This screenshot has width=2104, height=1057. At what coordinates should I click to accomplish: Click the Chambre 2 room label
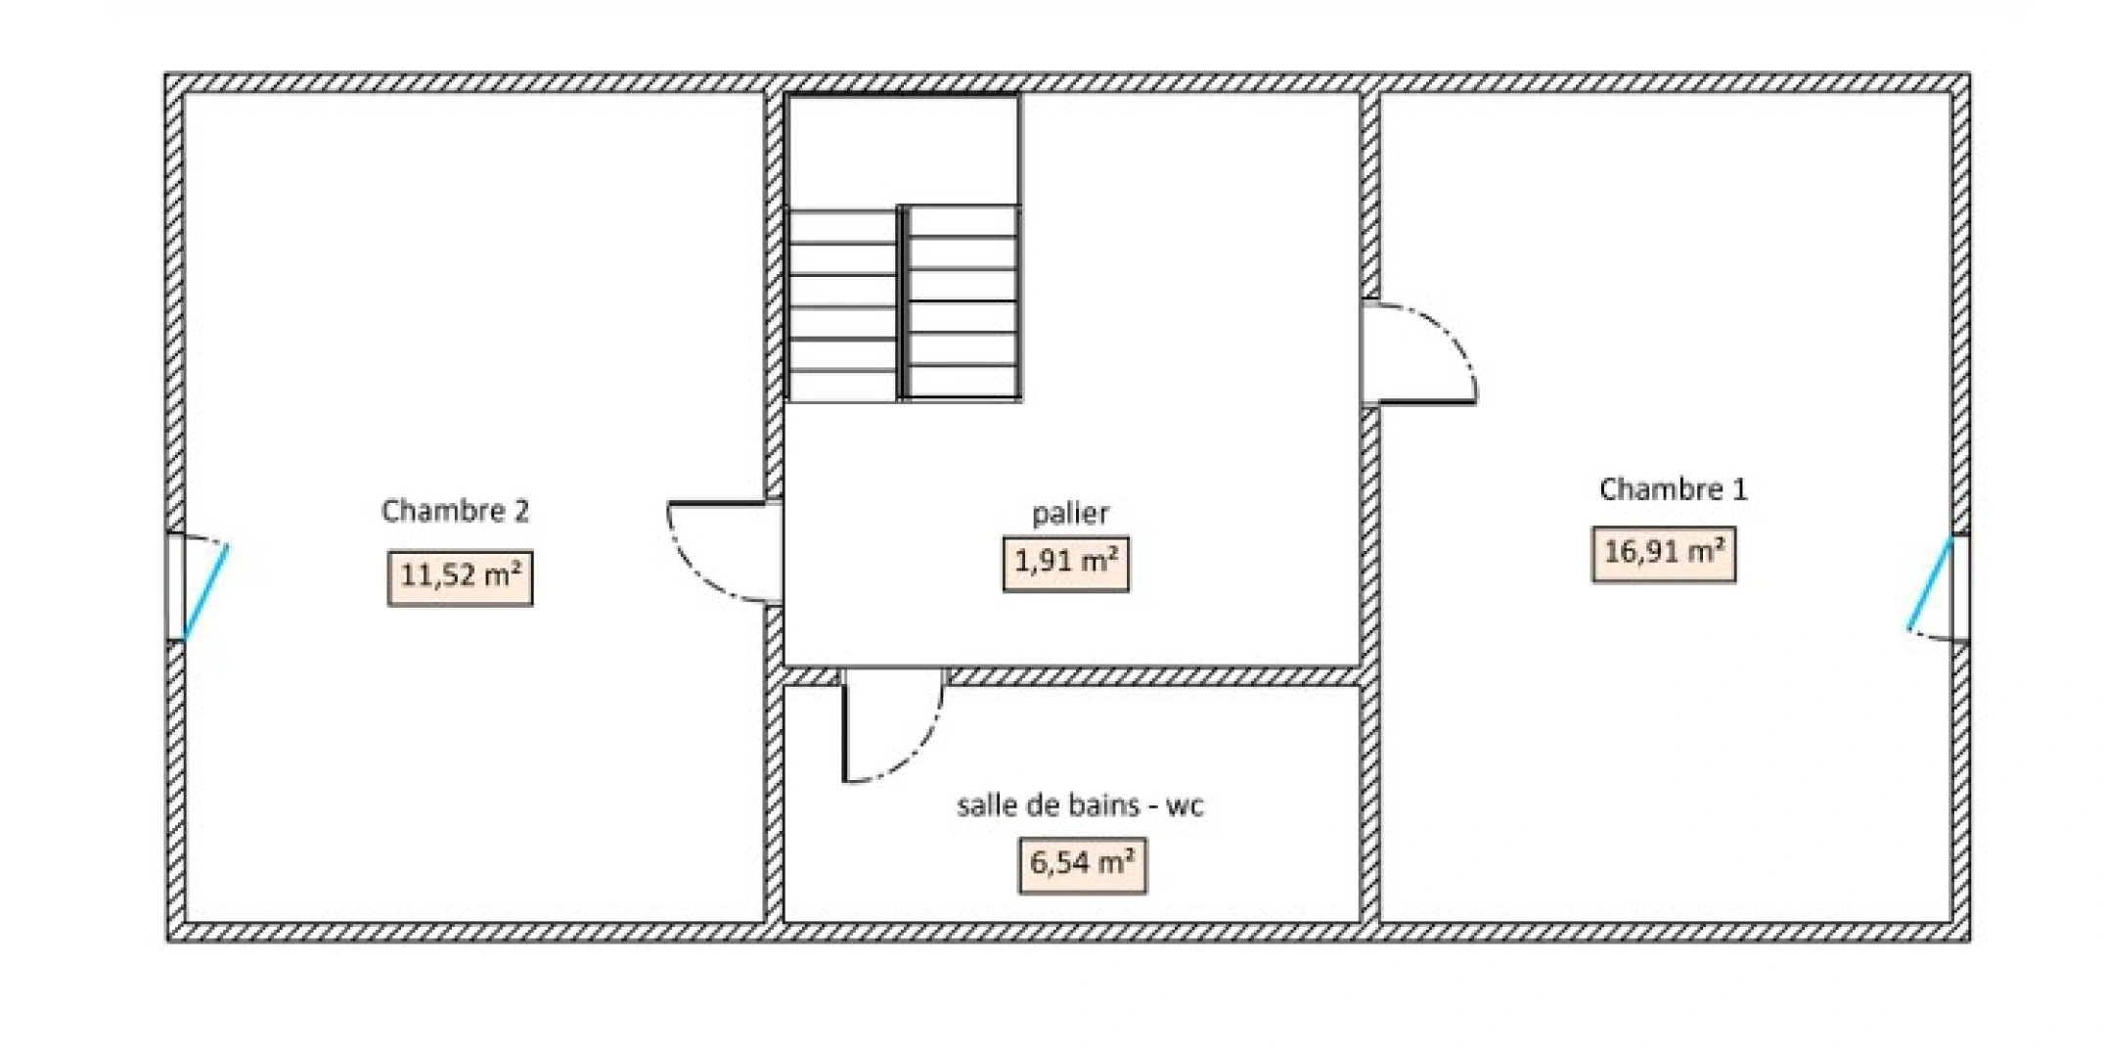[455, 511]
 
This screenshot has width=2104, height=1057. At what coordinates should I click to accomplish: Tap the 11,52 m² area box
[460, 577]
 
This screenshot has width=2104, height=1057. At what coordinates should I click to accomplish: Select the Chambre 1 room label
[1673, 489]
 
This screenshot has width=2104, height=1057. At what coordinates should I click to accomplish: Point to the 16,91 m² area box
[1664, 554]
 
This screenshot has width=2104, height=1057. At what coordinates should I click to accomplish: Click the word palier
[1070, 514]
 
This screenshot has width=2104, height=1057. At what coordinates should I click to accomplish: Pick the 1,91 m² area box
[1066, 564]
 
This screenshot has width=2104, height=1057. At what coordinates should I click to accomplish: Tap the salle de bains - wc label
[1080, 805]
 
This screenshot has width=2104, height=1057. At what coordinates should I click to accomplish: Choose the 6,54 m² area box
[1082, 865]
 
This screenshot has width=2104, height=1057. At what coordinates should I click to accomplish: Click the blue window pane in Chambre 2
[206, 592]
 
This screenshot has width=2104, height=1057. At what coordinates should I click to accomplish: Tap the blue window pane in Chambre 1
[1930, 583]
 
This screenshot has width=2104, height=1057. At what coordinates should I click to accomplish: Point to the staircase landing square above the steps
[903, 150]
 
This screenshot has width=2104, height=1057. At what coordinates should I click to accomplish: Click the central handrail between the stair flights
[902, 303]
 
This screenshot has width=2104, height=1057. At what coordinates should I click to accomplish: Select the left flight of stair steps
[841, 305]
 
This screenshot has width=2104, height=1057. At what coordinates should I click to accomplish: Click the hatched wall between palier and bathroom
[1154, 676]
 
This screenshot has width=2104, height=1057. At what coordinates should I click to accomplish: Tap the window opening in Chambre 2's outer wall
[175, 587]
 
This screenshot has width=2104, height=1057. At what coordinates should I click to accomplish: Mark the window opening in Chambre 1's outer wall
[1961, 587]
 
